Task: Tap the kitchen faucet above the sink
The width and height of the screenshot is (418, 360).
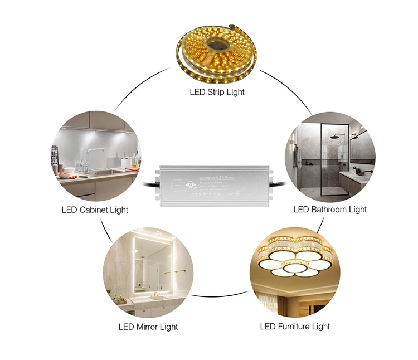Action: click(x=91, y=155)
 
